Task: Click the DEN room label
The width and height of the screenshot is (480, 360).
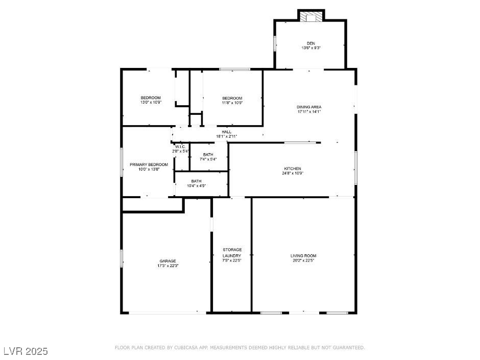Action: [310, 43]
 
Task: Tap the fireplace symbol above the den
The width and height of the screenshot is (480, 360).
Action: [311, 17]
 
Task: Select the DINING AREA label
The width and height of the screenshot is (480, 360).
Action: [309, 107]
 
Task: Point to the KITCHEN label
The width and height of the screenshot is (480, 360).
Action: [293, 169]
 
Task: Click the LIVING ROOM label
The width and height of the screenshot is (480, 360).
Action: [303, 256]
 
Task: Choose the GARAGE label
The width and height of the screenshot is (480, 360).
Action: [168, 261]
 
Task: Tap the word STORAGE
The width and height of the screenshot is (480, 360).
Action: [232, 250]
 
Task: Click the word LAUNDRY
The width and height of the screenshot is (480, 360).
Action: [232, 256]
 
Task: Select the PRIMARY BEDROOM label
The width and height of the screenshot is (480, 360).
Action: [149, 164]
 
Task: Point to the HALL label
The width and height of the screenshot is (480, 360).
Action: [227, 132]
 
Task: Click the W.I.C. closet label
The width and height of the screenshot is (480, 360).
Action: [181, 147]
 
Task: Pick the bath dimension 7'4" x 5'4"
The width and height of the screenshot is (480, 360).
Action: [208, 159]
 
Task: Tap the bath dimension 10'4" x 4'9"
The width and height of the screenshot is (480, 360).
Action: [196, 186]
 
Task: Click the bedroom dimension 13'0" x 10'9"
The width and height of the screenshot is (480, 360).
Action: [151, 103]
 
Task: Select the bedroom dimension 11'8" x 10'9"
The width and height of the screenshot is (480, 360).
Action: [232, 103]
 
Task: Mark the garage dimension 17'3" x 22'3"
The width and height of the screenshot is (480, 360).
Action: [168, 266]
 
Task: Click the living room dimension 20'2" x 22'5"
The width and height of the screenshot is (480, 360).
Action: [303, 260]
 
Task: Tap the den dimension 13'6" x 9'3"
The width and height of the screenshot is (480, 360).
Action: [311, 48]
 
